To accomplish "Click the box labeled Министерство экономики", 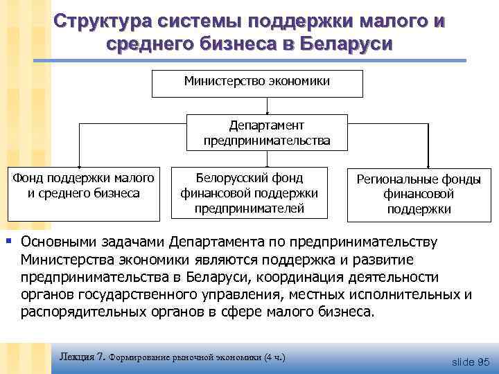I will pos(257,82).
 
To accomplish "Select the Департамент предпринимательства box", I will pos(267,132).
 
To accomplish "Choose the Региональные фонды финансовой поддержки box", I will pos(419,194).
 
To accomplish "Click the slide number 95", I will pos(482,362).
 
